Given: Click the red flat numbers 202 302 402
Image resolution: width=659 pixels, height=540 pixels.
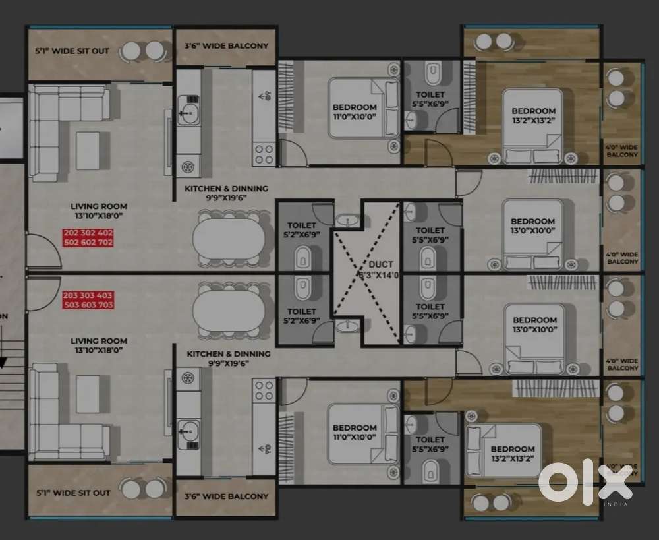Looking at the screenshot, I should click(88, 233).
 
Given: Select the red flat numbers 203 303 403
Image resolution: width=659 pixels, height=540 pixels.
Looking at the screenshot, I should click(88, 295).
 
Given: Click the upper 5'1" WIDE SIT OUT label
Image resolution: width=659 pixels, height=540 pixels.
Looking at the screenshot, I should click(73, 51).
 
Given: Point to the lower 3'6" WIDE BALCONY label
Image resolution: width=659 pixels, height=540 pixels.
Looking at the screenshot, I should click(225, 496).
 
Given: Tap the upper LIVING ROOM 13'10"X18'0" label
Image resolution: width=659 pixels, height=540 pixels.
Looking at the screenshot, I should click(100, 210).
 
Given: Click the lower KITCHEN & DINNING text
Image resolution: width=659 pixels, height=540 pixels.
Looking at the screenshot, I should click(228, 354).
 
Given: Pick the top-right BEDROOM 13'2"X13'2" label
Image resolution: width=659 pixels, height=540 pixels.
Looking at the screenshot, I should click(533, 116).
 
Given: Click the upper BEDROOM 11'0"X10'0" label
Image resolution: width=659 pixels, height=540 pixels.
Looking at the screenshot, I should click(355, 111).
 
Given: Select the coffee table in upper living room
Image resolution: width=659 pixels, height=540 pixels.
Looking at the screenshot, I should click(88, 151).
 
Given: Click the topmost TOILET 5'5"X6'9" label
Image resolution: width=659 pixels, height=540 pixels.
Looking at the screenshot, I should click(430, 100).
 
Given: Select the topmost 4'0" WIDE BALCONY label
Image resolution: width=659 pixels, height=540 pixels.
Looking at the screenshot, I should click(621, 150).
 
